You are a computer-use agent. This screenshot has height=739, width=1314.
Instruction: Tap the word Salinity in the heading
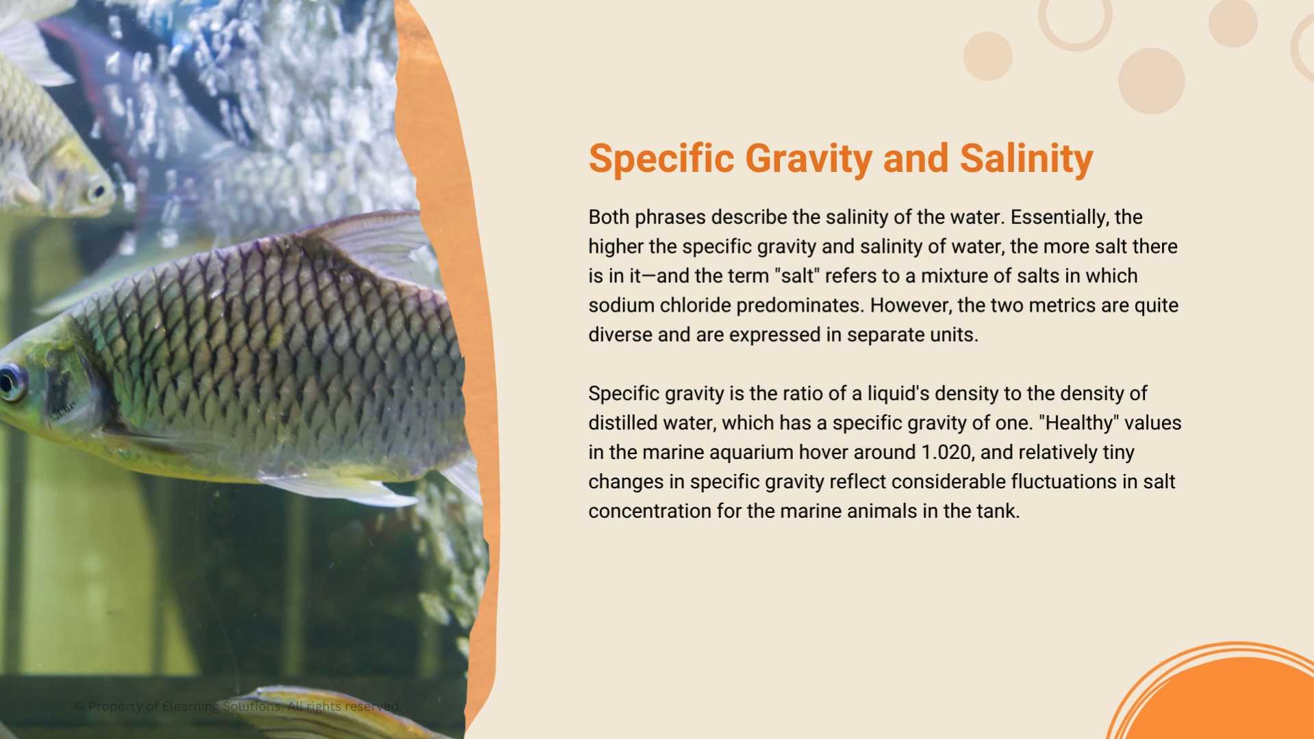[1026, 158]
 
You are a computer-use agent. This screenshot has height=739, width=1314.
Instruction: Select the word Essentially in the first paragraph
[1059, 217]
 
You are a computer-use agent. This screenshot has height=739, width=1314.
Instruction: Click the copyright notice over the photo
[238, 706]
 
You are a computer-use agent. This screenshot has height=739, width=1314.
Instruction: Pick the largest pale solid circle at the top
[1151, 81]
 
